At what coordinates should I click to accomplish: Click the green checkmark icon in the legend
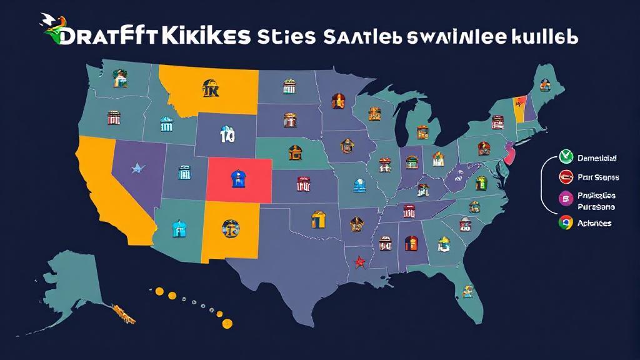pos(567,157)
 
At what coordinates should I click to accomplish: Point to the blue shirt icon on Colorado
pos(238,179)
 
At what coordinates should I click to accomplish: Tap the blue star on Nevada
pos(137,167)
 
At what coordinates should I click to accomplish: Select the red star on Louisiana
pos(359,262)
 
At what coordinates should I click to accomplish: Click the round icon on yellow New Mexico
pos(228,229)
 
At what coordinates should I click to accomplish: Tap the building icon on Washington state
pos(119,77)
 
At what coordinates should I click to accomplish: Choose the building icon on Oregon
pos(114,117)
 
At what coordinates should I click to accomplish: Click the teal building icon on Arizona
pos(178,228)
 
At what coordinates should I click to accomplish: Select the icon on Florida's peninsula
pos(467,291)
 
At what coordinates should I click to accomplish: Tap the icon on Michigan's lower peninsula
pos(423,132)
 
